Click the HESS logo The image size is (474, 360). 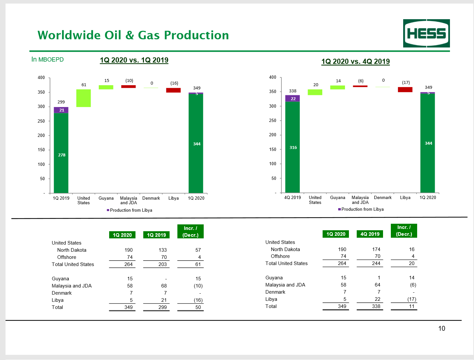coord(426,33)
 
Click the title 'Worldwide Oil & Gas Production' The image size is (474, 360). coord(133,35)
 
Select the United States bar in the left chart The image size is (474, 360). coord(83,98)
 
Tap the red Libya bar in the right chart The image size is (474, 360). coord(405,89)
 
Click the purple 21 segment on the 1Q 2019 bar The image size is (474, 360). coord(61,110)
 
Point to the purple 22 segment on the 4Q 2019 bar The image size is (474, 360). coord(292,98)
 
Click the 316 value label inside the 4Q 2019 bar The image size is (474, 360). coord(293,147)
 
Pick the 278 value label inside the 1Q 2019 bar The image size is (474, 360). coord(62,155)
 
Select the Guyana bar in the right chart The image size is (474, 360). coord(337,87)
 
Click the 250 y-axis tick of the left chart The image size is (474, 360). coord(41,121)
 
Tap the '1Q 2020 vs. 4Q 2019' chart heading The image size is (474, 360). coord(355,61)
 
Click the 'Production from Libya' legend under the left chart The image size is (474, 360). coord(130,210)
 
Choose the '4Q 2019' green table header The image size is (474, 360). coord(370,234)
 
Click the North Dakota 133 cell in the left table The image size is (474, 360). coord(162,250)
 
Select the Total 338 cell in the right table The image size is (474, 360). coord(376,306)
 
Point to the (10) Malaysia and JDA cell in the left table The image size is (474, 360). coord(198,286)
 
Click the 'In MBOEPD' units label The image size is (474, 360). coord(47,60)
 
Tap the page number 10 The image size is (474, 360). coord(442,328)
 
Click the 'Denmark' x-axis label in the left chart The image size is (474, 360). coord(151,198)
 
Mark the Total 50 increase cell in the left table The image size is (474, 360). coord(198,307)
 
